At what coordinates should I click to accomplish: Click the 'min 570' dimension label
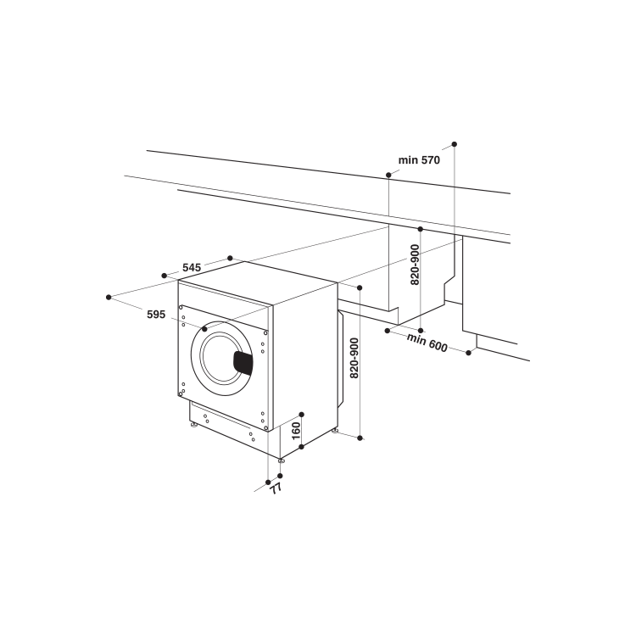click(419, 159)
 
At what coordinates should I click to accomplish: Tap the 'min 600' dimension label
click(427, 341)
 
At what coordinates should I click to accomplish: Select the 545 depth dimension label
click(192, 268)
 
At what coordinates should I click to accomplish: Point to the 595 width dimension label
click(155, 314)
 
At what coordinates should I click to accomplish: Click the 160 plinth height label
click(296, 430)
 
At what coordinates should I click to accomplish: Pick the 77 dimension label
click(276, 488)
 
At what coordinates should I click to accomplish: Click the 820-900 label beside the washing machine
click(354, 357)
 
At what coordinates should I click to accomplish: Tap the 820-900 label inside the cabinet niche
click(416, 265)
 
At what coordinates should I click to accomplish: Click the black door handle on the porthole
click(243, 362)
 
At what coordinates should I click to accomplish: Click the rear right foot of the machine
click(335, 432)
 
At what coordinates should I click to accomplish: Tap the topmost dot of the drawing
click(455, 144)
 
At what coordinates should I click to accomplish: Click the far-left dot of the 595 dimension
click(109, 297)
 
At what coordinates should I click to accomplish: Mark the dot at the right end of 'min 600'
click(469, 352)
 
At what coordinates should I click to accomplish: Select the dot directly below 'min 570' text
click(388, 174)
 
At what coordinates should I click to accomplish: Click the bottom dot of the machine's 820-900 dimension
click(360, 438)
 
